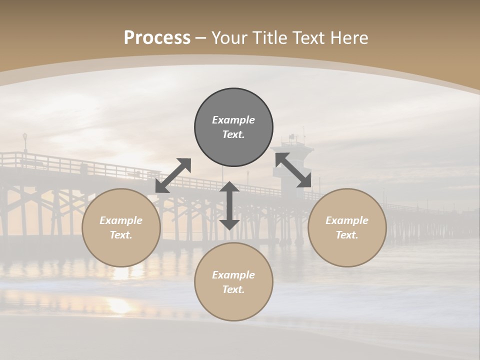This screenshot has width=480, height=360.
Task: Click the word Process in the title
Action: [x=157, y=38]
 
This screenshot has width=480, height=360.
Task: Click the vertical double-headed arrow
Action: [x=229, y=205]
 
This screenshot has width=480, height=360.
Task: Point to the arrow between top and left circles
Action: [x=173, y=175]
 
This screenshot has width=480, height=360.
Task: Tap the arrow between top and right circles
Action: [x=293, y=170]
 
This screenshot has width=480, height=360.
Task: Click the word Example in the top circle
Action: [x=233, y=120]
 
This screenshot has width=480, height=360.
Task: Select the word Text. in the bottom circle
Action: [x=233, y=289]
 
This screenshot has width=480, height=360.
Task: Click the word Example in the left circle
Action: [x=121, y=220]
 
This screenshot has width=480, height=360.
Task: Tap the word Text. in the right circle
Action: [x=347, y=235]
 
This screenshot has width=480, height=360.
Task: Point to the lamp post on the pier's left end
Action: [x=25, y=142]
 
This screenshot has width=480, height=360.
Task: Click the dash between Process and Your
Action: [x=201, y=38]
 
